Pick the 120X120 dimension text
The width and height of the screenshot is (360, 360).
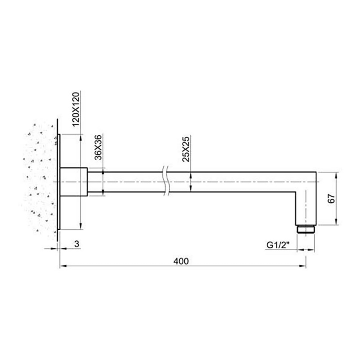coord(76,109)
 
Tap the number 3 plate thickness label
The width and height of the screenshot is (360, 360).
coord(76,244)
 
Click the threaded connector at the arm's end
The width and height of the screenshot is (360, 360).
coord(306,229)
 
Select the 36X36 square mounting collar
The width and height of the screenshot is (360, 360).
coord(74,182)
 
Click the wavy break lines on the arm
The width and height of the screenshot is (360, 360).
coord(165,182)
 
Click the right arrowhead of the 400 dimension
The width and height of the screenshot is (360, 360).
coord(303,266)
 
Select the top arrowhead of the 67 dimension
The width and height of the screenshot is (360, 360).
coord(336,175)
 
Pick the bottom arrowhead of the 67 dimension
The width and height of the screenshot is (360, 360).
coord(336,223)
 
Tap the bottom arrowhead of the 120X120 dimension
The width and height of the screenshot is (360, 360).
coord(80,226)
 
